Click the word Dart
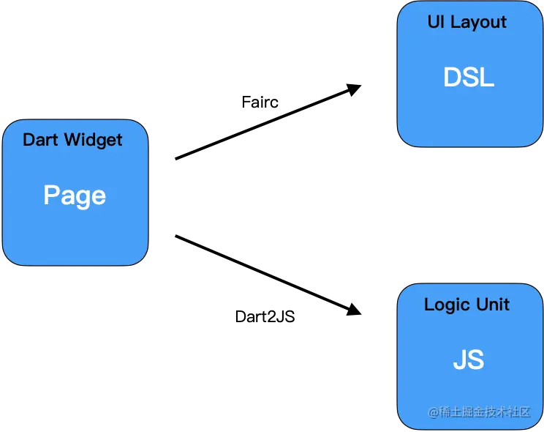(x=40, y=140)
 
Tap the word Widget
(x=93, y=140)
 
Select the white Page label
(x=75, y=195)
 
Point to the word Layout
(x=478, y=23)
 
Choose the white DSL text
(x=469, y=78)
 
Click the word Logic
(x=446, y=305)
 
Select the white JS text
(x=468, y=360)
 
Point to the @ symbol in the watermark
(x=433, y=412)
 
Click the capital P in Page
(x=51, y=195)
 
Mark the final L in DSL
(x=488, y=78)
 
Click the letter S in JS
(x=475, y=360)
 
